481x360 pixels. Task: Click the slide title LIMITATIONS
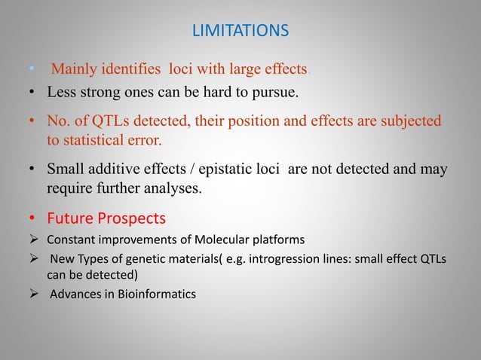pyautogui.click(x=240, y=32)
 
